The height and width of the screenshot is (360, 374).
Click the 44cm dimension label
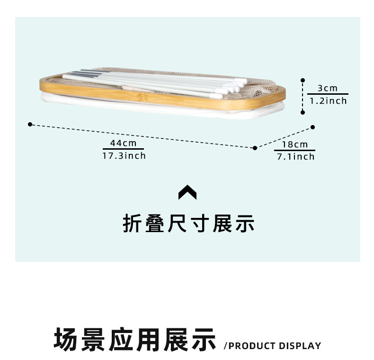[x=123, y=143]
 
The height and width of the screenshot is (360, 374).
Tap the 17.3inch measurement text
[x=124, y=155]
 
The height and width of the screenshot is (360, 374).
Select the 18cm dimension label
[x=295, y=144]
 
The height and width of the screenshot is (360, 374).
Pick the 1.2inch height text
[x=328, y=100]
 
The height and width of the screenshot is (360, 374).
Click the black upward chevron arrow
[x=187, y=192]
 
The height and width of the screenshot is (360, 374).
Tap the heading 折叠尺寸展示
[x=188, y=224]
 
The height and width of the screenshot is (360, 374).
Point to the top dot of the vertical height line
[x=303, y=81]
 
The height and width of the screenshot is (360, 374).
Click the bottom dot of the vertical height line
[x=303, y=112]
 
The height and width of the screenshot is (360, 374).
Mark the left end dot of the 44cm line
[x=30, y=124]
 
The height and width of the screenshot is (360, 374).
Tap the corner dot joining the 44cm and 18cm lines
[x=255, y=148]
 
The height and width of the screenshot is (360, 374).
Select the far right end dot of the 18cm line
[x=312, y=127]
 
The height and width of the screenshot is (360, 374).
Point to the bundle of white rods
[x=156, y=81]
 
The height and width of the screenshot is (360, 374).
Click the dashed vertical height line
[x=303, y=97]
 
